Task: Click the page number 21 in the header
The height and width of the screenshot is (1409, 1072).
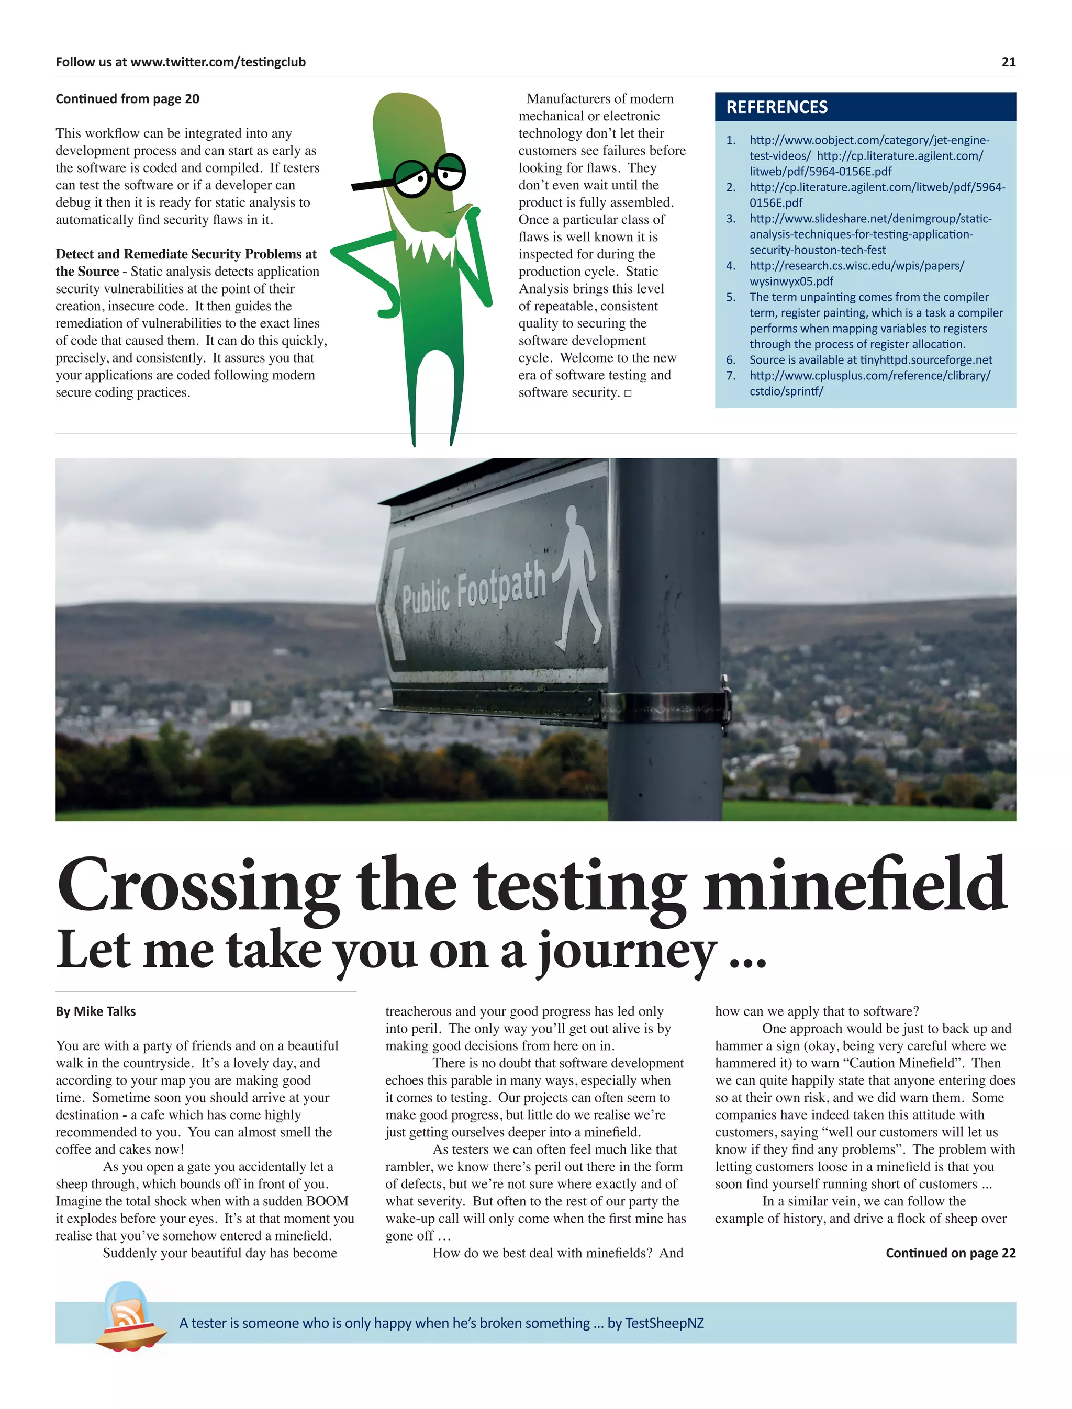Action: [1008, 62]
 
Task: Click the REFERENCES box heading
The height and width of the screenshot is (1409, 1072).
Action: [777, 107]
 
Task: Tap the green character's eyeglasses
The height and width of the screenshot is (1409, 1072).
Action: [429, 175]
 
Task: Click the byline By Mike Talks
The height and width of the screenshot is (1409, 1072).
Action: [96, 1011]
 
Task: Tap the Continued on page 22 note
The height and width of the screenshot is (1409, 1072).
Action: [950, 1253]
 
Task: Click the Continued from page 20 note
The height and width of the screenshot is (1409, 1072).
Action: [127, 99]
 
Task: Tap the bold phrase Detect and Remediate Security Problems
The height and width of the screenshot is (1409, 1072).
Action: [186, 254]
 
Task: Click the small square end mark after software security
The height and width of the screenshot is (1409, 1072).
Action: [628, 393]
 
